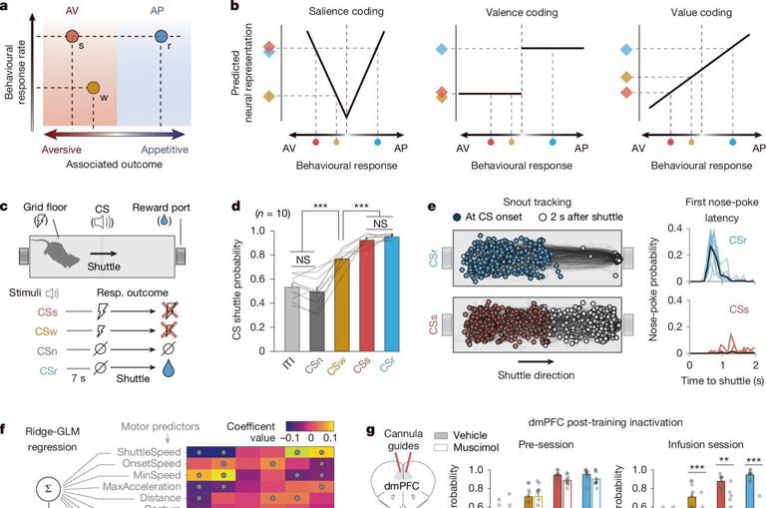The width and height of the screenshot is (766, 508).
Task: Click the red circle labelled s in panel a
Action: click(73, 38)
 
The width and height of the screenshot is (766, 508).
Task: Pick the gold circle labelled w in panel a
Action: click(92, 90)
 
